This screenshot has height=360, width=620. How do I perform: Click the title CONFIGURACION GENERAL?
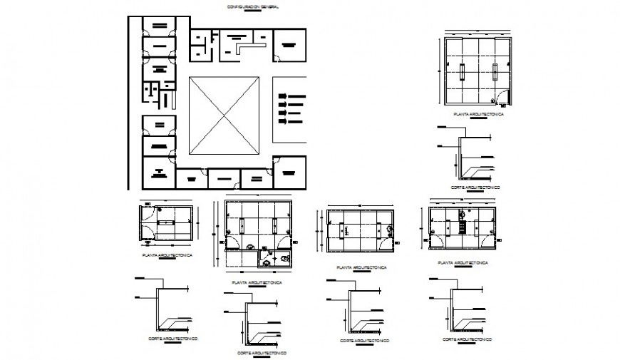252,6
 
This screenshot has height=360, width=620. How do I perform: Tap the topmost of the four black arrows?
292,96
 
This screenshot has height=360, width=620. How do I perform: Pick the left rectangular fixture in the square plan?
461,71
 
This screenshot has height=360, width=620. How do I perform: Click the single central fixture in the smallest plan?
168,223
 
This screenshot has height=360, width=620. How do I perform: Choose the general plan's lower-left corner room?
157,171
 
